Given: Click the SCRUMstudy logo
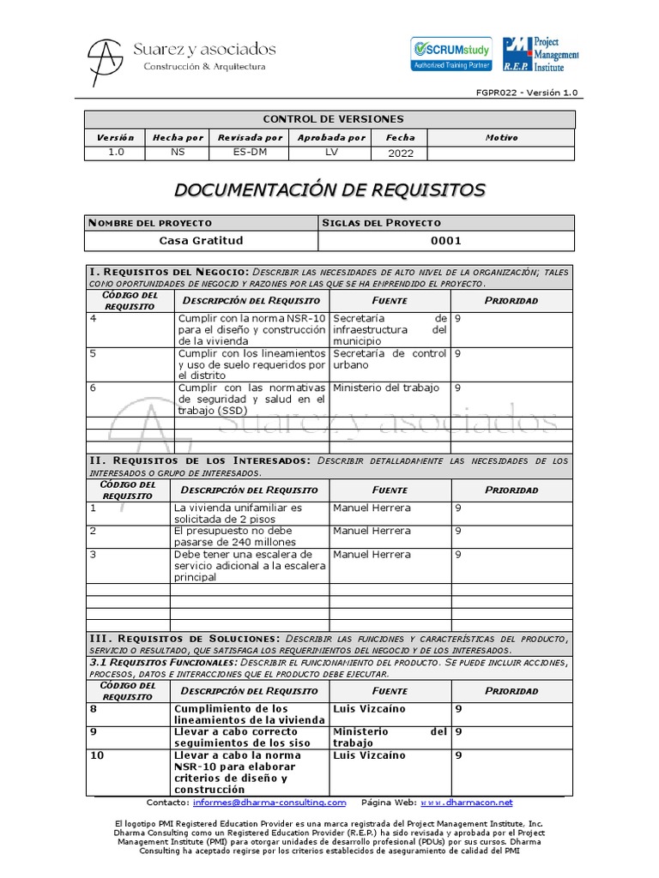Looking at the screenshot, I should click(451, 53).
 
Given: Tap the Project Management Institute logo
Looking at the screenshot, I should click(541, 53).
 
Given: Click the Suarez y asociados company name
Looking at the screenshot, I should click(204, 49).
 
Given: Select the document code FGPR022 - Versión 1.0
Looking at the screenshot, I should click(527, 93).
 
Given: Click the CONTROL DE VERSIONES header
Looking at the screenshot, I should click(333, 119).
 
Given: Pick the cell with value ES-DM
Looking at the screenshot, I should click(250, 153).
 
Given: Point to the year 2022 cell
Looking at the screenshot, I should click(400, 153).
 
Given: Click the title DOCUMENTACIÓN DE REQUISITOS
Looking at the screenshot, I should click(330, 189).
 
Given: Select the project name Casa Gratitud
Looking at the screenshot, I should click(202, 241).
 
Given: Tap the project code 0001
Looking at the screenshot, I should click(446, 241).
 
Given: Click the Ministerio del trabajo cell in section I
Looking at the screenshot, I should click(385, 388).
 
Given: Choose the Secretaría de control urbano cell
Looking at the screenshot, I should click(390, 358).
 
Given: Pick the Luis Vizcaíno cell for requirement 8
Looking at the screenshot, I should click(369, 709).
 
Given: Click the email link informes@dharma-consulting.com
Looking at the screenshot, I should click(269, 803).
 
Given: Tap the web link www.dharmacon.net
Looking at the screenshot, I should click(466, 803).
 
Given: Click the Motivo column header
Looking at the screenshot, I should click(501, 137).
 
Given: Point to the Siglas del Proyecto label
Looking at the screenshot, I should click(381, 223).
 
